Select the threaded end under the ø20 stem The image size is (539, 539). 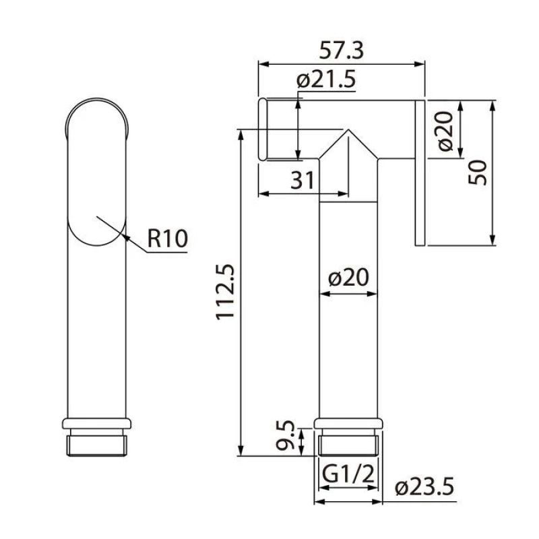(x=348, y=444)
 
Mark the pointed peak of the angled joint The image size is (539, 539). (x=347, y=130)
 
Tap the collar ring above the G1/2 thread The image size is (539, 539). (x=348, y=424)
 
